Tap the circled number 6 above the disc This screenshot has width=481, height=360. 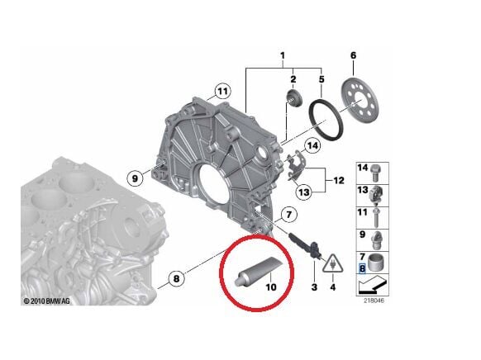(x=353, y=55)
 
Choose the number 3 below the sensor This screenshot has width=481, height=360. (x=314, y=287)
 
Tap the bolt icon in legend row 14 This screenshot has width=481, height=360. (x=376, y=172)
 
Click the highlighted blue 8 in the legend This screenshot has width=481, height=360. (x=361, y=268)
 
